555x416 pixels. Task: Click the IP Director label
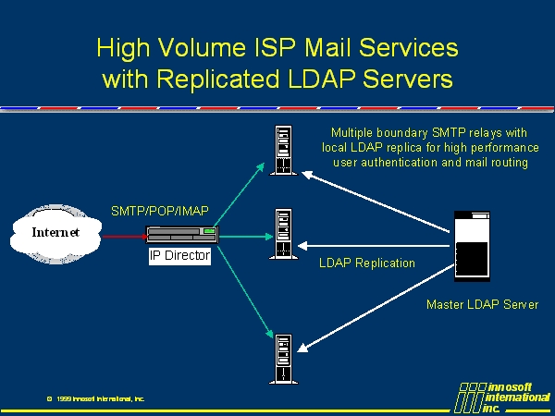pyautogui.click(x=180, y=256)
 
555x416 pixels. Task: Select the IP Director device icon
pyautogui.click(x=181, y=236)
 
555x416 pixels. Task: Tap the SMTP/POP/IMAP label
pyautogui.click(x=160, y=211)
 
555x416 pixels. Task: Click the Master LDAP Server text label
pyautogui.click(x=482, y=304)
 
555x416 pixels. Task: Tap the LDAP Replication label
pyautogui.click(x=367, y=263)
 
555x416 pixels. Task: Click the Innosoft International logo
pyautogui.click(x=502, y=396)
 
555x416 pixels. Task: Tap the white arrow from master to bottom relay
pyautogui.click(x=379, y=314)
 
